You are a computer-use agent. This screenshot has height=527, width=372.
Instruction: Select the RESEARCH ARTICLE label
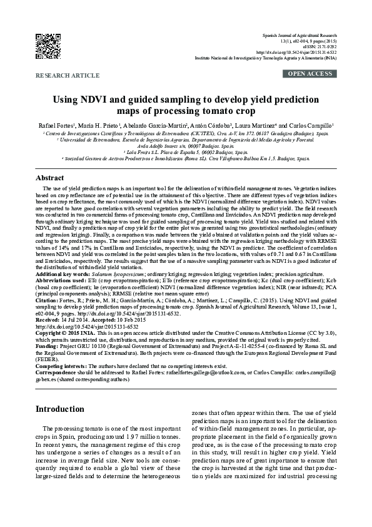68,75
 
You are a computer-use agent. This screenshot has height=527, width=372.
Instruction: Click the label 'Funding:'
49,345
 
